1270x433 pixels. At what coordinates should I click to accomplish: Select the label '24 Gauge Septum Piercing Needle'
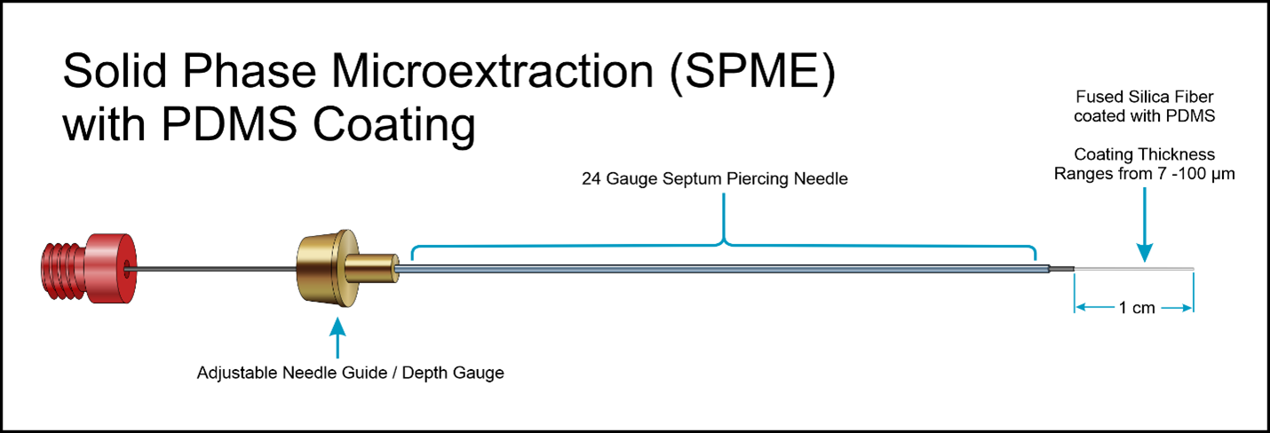point(715,179)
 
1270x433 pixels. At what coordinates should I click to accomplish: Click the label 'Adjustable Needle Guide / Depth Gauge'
point(350,373)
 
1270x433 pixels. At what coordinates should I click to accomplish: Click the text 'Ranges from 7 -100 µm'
point(1145,173)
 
